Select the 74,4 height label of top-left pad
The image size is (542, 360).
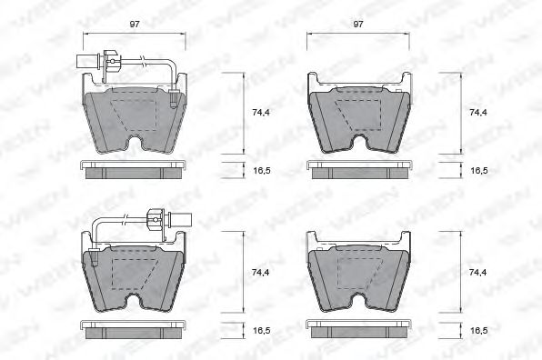click(x=260, y=113)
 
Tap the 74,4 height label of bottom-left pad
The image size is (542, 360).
click(x=260, y=272)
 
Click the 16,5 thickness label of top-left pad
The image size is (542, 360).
click(x=260, y=169)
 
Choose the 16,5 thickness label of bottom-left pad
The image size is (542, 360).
click(x=260, y=331)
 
